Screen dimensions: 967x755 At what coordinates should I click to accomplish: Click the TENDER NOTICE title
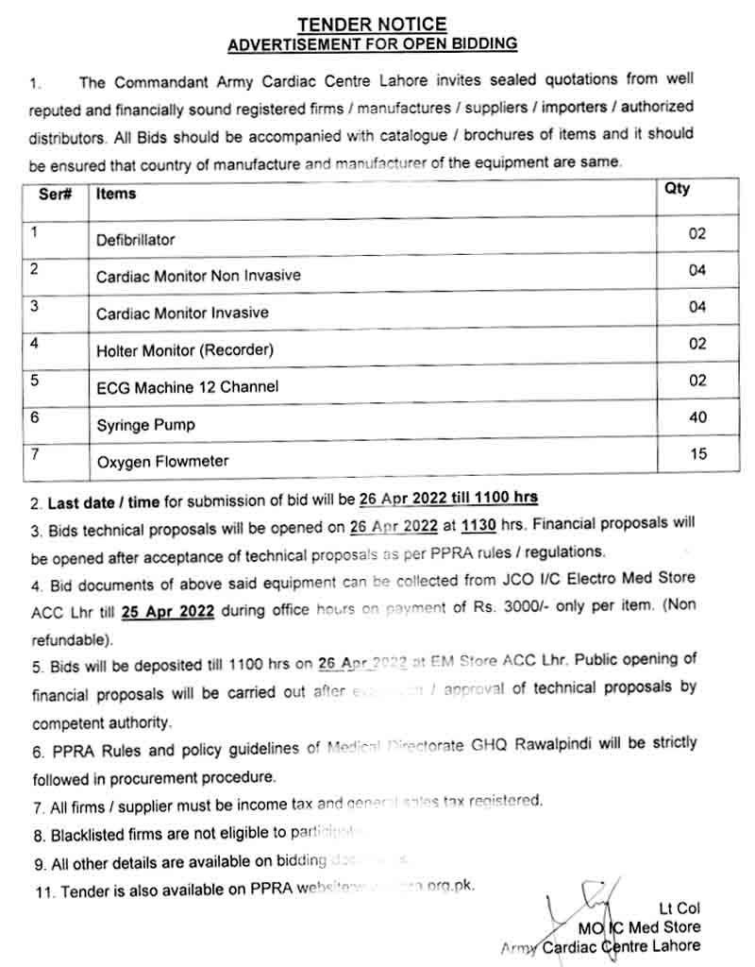[373, 25]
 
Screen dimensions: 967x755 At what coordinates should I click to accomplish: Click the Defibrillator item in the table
[135, 240]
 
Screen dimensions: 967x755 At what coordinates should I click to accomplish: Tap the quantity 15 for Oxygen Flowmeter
[697, 454]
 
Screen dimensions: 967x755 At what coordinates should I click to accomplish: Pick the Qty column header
[677, 189]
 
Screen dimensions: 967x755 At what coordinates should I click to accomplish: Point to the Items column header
[116, 194]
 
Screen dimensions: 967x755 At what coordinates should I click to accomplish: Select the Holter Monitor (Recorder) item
[185, 350]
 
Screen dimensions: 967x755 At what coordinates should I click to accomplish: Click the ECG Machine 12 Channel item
[188, 387]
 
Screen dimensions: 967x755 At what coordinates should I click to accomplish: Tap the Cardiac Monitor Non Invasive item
[198, 277]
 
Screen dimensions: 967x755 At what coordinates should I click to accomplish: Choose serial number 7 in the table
[35, 455]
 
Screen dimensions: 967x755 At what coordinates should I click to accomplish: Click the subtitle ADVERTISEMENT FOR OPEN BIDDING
[373, 43]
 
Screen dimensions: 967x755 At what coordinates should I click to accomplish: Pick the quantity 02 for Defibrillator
[696, 233]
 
